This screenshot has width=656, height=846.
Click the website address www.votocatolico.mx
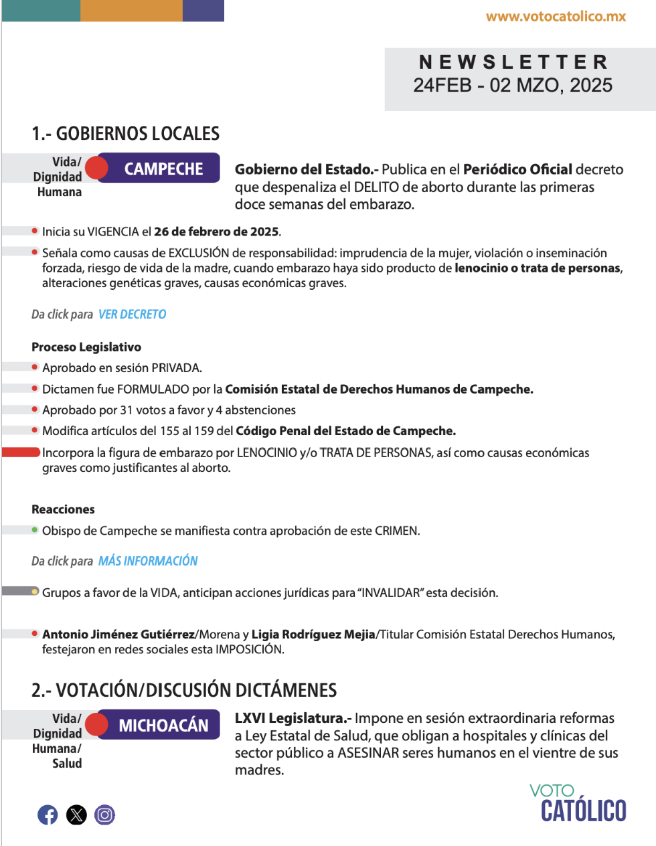[x=556, y=17]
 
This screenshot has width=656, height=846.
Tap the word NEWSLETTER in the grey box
[x=513, y=62]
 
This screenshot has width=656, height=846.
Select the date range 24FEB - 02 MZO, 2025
[x=513, y=86]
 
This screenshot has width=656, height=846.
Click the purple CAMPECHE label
[x=163, y=169]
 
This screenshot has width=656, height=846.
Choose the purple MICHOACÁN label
[x=163, y=725]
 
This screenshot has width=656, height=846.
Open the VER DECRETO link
[x=132, y=314]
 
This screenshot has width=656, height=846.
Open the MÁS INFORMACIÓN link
[x=148, y=561]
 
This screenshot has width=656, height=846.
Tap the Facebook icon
[x=48, y=815]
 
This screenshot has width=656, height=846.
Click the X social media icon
[x=76, y=815]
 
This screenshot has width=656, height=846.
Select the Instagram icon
[x=104, y=815]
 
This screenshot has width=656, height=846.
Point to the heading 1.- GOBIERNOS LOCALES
[x=125, y=134]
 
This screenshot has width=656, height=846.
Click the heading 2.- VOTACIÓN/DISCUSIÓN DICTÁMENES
[x=184, y=690]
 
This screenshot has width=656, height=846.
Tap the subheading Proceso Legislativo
[x=86, y=347]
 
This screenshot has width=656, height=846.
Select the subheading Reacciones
[x=63, y=509]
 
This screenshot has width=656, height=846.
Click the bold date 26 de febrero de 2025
[x=216, y=232]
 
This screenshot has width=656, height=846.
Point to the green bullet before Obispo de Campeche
[x=35, y=530]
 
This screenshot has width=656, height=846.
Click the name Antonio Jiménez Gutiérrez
[x=118, y=634]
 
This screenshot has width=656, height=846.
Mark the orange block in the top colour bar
[x=131, y=11]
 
